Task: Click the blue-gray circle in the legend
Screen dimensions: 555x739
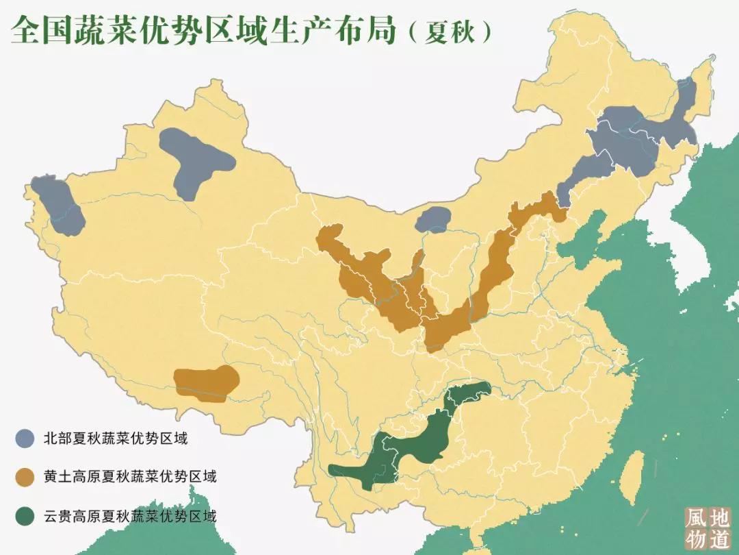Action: click(26, 437)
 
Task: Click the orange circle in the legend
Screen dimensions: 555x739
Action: click(26, 476)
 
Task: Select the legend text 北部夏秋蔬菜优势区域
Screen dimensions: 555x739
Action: click(115, 437)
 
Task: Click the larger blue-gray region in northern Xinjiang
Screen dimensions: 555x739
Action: click(194, 158)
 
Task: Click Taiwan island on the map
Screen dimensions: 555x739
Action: click(634, 472)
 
